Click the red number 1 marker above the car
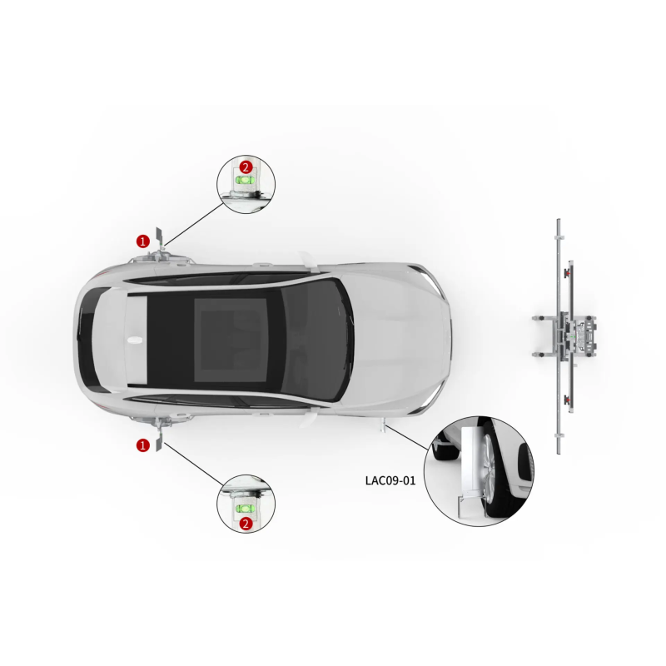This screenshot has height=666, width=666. pyautogui.click(x=143, y=241)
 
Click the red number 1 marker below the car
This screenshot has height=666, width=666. pyautogui.click(x=143, y=445)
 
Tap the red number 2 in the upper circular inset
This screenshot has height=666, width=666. pyautogui.click(x=246, y=167)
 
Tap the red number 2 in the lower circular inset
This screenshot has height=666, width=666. pyautogui.click(x=246, y=524)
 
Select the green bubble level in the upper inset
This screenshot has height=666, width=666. pyautogui.click(x=246, y=180)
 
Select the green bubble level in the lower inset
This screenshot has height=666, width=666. pyautogui.click(x=246, y=509)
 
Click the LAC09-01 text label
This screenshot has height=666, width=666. pyautogui.click(x=390, y=480)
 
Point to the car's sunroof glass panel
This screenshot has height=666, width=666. pyautogui.click(x=231, y=340)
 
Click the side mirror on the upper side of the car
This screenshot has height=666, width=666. pyautogui.click(x=306, y=260)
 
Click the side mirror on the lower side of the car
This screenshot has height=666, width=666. pyautogui.click(x=307, y=420)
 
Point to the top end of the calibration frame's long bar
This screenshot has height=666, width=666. pyautogui.click(x=559, y=221)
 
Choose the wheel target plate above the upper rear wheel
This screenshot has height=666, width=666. pyautogui.click(x=159, y=238)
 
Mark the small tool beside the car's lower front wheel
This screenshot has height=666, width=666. pyautogui.click(x=383, y=425)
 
